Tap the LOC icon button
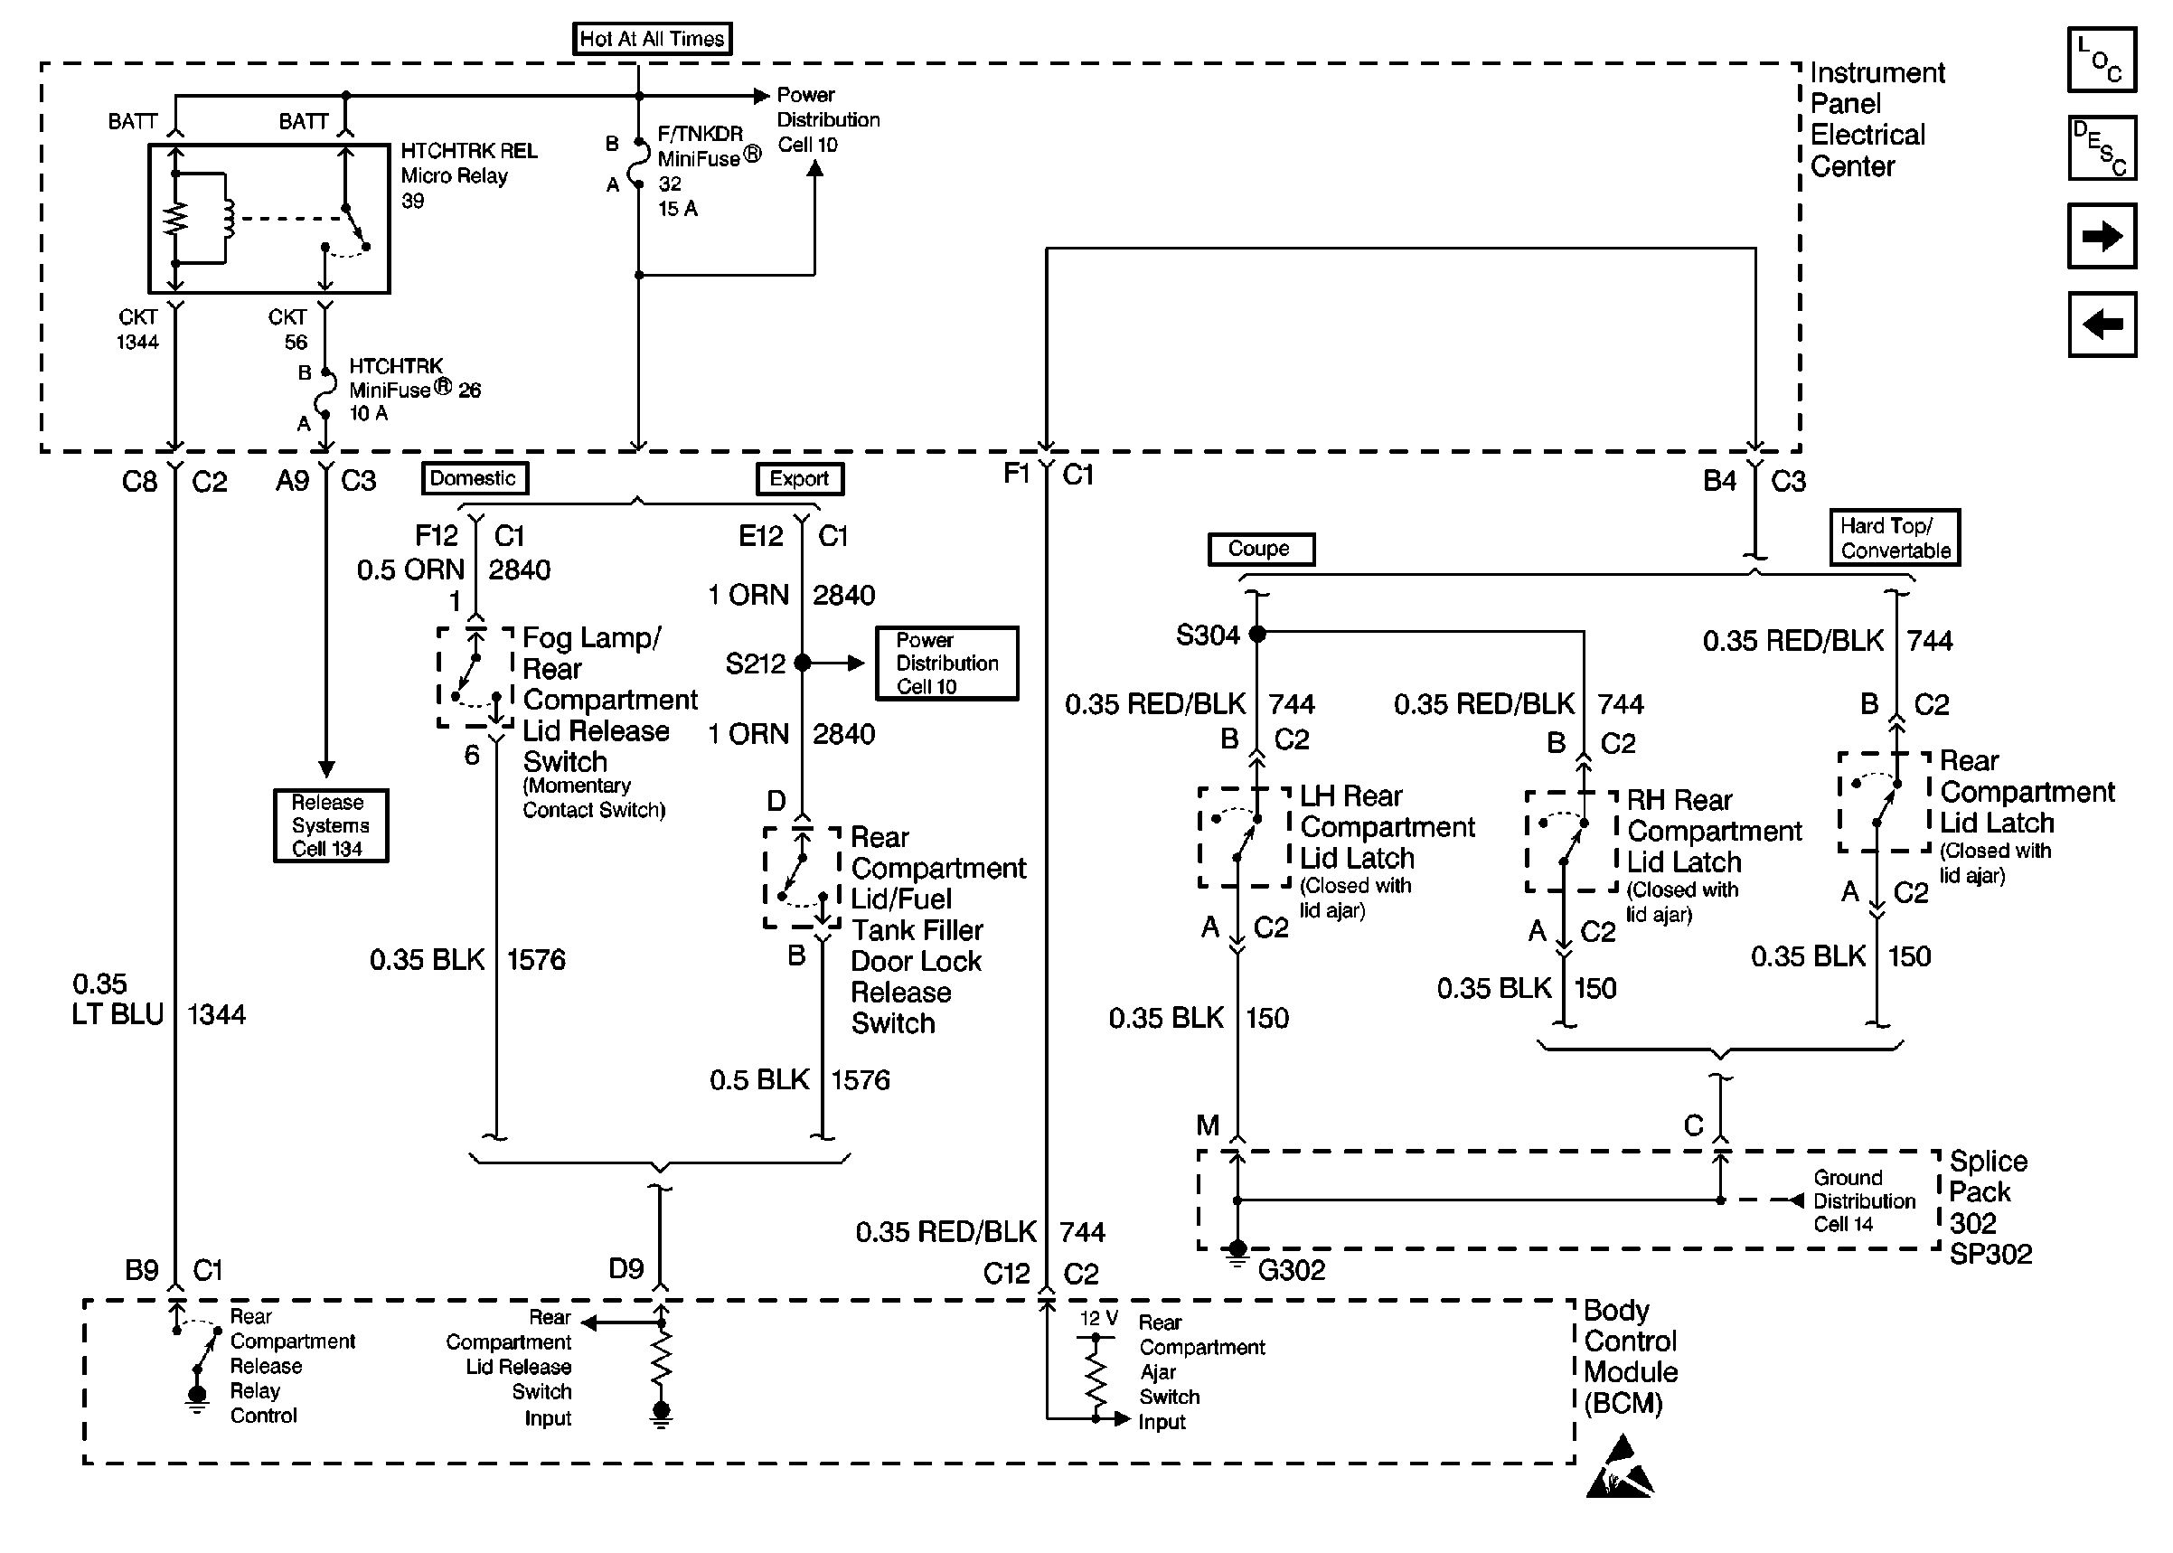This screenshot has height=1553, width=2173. (x=2102, y=60)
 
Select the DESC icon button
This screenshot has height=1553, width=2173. (x=2102, y=148)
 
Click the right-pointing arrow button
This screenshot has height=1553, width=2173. (x=2102, y=235)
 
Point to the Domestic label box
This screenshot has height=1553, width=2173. (x=475, y=478)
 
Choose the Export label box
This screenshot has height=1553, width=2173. (x=799, y=478)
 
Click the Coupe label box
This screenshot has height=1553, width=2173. (x=1260, y=549)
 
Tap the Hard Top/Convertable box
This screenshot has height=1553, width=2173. (x=1895, y=538)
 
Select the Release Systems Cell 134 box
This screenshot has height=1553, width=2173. (x=330, y=825)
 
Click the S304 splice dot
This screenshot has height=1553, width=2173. (x=1258, y=633)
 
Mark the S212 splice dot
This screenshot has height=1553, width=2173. (x=802, y=663)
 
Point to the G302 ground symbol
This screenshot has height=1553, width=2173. (x=1237, y=1254)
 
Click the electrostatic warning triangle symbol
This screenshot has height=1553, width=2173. (x=1621, y=1466)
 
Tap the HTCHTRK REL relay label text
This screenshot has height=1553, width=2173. (x=469, y=151)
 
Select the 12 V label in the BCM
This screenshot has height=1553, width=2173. (x=1098, y=1318)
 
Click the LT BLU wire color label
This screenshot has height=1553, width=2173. (x=118, y=1013)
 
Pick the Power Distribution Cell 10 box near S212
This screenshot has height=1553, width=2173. (x=946, y=663)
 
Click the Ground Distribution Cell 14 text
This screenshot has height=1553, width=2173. (x=1864, y=1200)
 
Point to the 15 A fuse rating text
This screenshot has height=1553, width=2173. (x=678, y=209)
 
